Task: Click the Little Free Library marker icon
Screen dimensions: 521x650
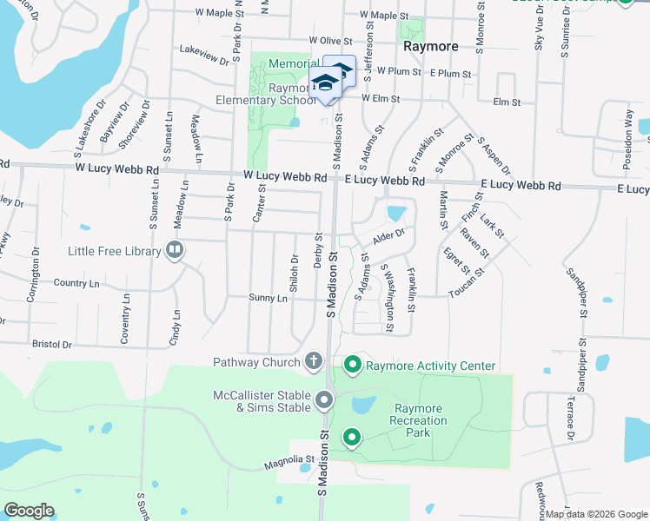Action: (175, 251)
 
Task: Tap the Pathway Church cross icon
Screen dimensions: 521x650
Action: (315, 361)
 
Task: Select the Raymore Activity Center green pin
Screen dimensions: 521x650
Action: (352, 366)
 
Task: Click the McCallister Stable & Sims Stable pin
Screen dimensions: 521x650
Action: (324, 400)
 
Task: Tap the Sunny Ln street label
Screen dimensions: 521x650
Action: (269, 298)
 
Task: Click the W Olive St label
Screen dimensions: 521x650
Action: (330, 41)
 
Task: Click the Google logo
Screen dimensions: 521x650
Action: (28, 511)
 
